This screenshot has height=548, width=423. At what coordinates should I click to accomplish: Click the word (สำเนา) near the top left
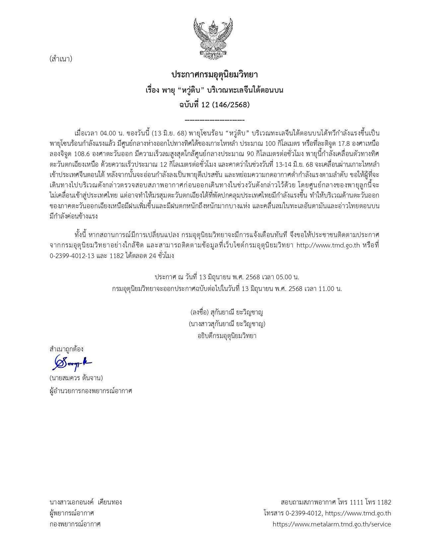click(61, 59)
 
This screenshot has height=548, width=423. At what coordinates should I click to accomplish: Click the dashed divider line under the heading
click(214, 120)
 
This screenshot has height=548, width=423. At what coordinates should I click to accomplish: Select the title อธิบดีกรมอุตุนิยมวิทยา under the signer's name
click(227, 335)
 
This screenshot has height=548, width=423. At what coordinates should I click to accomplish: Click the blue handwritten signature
click(72, 362)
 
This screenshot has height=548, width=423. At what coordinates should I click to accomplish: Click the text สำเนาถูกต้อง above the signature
click(66, 349)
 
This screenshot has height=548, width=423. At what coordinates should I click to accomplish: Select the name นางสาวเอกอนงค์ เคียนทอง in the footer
click(86, 502)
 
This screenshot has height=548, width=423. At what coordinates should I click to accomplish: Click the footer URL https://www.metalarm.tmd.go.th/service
click(332, 524)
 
